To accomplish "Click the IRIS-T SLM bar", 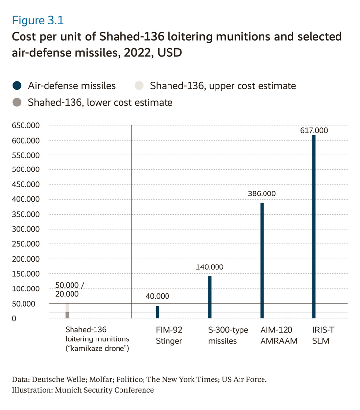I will point(314,227).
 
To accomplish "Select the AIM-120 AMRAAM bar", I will point(262,261).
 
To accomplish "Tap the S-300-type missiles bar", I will point(210,297).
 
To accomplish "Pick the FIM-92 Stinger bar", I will point(158,312).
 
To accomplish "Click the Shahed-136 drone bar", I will point(67,311).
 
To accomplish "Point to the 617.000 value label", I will point(314,131).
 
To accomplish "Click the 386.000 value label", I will point(262,193).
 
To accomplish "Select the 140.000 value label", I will point(210,267).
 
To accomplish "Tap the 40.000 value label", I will point(158,296).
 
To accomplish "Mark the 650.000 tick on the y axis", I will point(25,126).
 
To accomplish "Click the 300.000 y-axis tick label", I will point(25,229).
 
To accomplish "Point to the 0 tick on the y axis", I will point(14,318).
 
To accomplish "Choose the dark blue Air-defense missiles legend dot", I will point(17,86).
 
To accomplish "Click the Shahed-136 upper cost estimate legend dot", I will point(139,86).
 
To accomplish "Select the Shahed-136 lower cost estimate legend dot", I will point(17,102).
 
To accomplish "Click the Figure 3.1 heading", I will point(38,21).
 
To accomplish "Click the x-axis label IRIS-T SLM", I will point(321,336).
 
